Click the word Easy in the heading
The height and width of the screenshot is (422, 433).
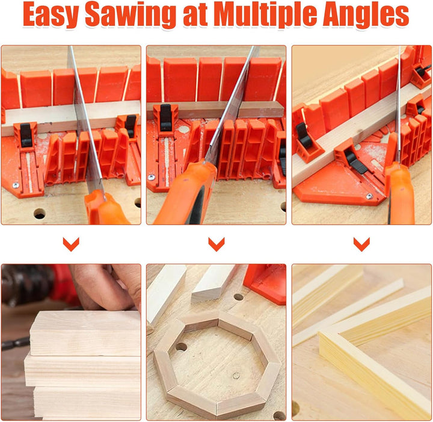51,14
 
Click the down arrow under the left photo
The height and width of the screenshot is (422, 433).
71,244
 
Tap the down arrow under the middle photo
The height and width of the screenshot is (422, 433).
216,244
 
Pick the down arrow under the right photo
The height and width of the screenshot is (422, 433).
362,244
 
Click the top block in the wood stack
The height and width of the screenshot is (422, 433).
85,333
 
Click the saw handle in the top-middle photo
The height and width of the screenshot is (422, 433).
185,193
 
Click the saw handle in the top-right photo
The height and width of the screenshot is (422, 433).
401,193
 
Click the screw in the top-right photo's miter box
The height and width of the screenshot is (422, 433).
369,196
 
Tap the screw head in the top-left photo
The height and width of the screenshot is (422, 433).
16,185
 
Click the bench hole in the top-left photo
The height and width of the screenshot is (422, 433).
40,213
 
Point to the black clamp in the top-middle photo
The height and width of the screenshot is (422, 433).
166,117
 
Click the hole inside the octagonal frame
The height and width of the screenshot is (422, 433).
180,347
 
